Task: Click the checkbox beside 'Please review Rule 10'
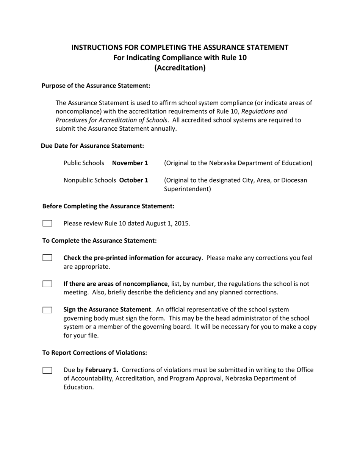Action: (x=47, y=223)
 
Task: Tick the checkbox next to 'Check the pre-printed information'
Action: (x=47, y=258)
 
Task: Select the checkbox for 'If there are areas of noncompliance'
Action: (x=47, y=284)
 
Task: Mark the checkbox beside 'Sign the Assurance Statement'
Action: (x=47, y=310)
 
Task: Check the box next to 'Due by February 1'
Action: (x=47, y=370)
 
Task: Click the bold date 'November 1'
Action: (x=130, y=163)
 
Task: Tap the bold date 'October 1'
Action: (x=134, y=180)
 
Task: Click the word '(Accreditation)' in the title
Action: (x=180, y=68)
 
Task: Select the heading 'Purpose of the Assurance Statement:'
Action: (x=96, y=86)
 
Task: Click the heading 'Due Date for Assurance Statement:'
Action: (x=92, y=145)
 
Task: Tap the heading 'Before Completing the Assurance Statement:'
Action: (x=108, y=206)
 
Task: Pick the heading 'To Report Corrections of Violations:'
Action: (x=95, y=352)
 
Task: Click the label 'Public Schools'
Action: (x=84, y=163)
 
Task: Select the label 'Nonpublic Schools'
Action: (x=91, y=180)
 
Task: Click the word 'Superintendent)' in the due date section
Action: (x=187, y=189)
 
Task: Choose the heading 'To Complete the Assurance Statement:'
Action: (x=99, y=241)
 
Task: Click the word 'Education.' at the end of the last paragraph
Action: (x=78, y=387)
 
